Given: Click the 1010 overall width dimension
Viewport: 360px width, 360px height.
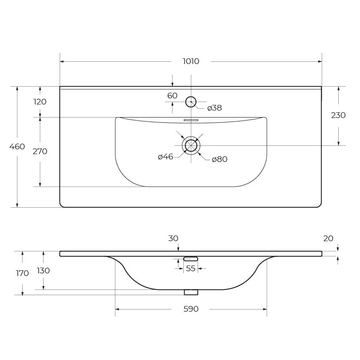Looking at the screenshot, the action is click(x=191, y=61).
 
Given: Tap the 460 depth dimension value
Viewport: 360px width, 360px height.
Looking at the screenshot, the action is click(x=17, y=146).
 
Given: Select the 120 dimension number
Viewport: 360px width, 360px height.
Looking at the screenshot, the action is click(x=40, y=102).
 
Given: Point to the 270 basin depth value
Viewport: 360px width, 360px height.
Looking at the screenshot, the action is click(x=40, y=151).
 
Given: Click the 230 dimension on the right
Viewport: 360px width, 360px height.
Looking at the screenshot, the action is click(x=338, y=115).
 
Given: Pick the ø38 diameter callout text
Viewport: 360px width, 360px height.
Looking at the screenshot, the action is click(x=215, y=108).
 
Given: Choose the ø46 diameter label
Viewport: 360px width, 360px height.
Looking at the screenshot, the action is click(x=165, y=157).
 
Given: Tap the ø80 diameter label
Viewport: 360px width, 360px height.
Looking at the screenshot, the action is click(x=219, y=159).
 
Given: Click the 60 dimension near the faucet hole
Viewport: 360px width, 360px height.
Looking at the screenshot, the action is click(x=172, y=95).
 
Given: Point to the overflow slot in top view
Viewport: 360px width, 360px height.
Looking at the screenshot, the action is click(x=191, y=120).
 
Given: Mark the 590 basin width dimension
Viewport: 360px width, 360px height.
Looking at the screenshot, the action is click(x=191, y=309).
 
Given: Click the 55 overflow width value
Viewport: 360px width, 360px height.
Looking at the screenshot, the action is click(x=191, y=269).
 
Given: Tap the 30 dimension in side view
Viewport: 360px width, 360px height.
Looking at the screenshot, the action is click(x=173, y=239).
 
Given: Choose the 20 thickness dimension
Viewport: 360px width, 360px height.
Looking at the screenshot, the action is click(x=328, y=239).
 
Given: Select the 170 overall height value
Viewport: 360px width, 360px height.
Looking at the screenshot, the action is click(x=22, y=273).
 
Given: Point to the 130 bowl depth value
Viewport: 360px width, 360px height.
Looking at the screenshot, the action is click(x=43, y=271).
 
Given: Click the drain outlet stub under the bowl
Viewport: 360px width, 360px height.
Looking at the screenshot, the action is click(x=191, y=292).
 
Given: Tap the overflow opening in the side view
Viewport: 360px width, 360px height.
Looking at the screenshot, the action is click(x=191, y=259).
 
